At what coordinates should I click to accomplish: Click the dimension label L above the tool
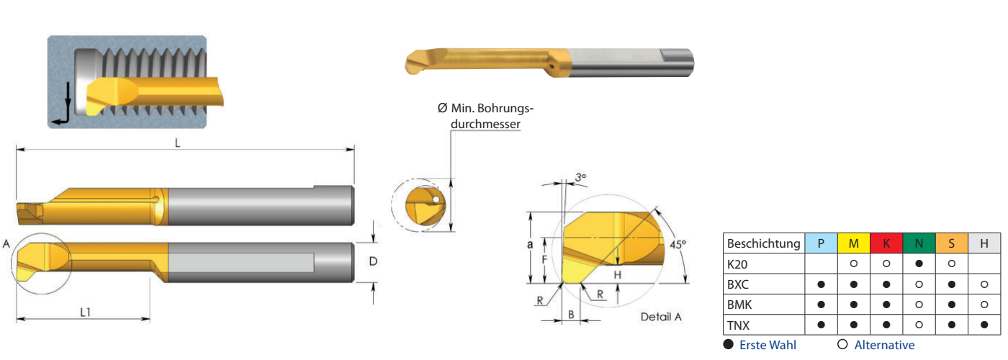pos(177,143)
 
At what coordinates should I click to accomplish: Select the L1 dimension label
pos(86,312)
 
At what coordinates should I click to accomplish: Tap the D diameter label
pos(373,261)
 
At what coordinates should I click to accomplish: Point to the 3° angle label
pos(580,177)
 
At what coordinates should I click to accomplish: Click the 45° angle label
pos(678,244)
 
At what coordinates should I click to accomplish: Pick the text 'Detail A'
pos(661,317)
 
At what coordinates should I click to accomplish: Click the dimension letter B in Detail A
pos(571,315)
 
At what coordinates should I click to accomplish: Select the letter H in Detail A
pos(618,274)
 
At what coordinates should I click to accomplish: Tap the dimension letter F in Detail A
pos(544,260)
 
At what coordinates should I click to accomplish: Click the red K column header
pos(886,243)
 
